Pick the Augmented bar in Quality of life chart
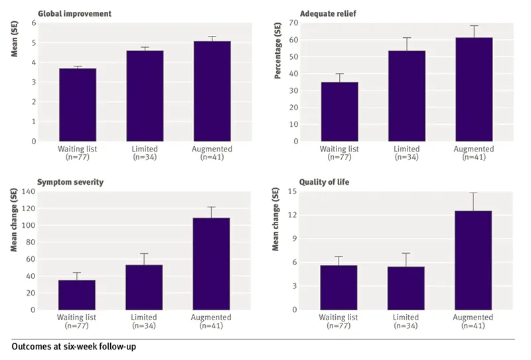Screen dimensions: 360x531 [x=473, y=260]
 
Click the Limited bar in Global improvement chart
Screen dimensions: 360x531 [x=144, y=96]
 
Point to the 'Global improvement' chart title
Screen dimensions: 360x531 [x=74, y=13]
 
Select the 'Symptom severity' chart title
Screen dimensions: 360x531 [x=70, y=182]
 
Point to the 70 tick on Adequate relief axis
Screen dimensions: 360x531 [x=293, y=23]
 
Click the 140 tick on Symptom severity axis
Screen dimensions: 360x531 [x=28, y=191]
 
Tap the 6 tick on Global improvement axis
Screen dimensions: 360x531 [x=33, y=23]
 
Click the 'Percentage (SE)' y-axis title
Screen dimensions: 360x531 [x=278, y=54]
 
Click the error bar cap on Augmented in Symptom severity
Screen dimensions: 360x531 [x=212, y=207]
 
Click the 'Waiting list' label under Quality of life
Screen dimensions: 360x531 [x=339, y=317]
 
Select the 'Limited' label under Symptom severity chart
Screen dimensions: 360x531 [x=144, y=317]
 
